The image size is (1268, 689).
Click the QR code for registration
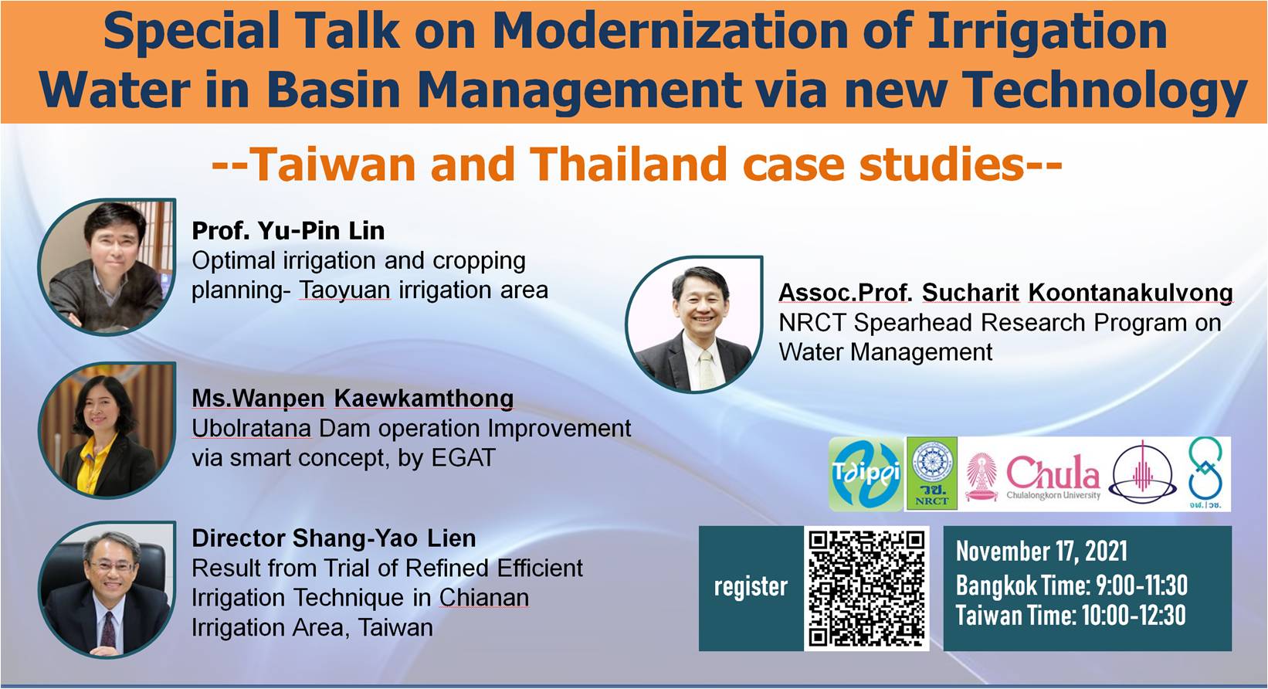(x=866, y=589)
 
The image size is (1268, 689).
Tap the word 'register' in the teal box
(x=751, y=587)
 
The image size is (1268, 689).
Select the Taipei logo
(x=866, y=474)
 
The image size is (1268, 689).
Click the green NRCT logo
(x=932, y=473)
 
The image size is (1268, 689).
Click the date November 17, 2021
(x=1042, y=551)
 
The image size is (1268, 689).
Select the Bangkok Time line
(x=1072, y=585)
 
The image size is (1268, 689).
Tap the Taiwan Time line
(x=1070, y=615)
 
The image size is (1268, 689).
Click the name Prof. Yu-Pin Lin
(x=288, y=231)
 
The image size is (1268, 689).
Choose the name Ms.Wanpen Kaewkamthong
(x=353, y=399)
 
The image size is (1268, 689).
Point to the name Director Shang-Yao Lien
(x=334, y=538)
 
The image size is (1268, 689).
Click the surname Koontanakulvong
(x=1131, y=293)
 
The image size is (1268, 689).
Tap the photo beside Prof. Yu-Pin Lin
(x=107, y=266)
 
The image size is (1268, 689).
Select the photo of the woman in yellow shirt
(x=107, y=430)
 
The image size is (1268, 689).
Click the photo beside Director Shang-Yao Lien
(x=107, y=589)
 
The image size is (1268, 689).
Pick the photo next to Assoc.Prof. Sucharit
(x=694, y=324)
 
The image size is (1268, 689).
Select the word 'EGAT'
(x=463, y=458)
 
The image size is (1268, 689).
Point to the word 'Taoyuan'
(x=344, y=290)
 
